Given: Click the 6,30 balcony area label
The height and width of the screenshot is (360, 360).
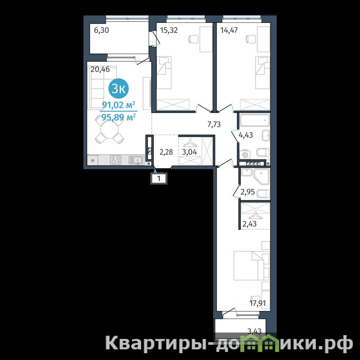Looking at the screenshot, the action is click(x=102, y=30).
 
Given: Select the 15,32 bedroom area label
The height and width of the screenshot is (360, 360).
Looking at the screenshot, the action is click(x=169, y=30).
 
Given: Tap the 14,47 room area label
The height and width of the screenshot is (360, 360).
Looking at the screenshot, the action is click(x=229, y=30).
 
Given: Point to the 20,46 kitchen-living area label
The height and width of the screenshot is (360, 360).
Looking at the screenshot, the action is click(x=100, y=69).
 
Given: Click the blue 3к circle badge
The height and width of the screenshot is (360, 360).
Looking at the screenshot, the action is click(x=118, y=89).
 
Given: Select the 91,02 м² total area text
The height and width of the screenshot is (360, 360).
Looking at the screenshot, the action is click(x=118, y=105).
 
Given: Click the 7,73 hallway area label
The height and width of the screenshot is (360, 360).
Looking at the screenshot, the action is click(x=214, y=124).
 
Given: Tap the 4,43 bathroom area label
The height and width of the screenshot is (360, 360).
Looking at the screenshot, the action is click(x=246, y=135).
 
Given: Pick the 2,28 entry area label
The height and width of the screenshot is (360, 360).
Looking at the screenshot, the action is click(x=166, y=152).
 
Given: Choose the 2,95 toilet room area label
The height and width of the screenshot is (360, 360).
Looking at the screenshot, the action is click(x=248, y=192).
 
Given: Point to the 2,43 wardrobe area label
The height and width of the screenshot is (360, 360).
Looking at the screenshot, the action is click(x=250, y=223).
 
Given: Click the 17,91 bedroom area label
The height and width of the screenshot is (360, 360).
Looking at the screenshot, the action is click(x=257, y=303).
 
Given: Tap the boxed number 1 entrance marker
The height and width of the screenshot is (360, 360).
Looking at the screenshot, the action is click(x=159, y=178).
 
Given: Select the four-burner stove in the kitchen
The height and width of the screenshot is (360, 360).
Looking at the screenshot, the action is click(x=116, y=160).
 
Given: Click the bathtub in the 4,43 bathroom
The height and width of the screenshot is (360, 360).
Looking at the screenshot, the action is click(x=254, y=120).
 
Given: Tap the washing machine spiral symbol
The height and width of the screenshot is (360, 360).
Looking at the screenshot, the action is click(x=245, y=154).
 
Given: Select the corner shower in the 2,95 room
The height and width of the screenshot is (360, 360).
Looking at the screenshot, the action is click(x=261, y=176).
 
